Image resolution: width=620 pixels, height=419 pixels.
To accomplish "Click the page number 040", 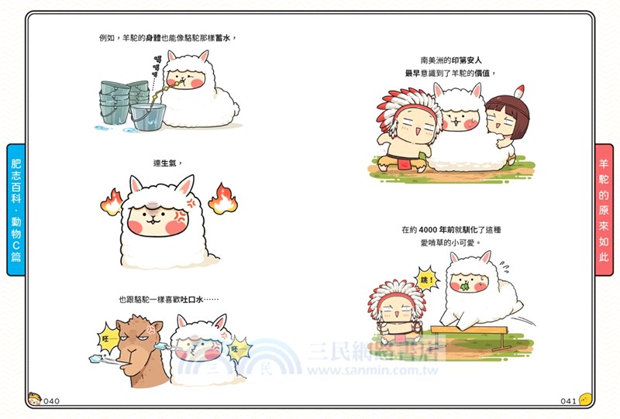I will click(52, 400).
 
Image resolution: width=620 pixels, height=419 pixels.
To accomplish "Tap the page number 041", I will click(567, 400).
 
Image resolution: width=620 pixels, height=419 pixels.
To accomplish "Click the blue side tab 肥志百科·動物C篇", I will click(16, 209).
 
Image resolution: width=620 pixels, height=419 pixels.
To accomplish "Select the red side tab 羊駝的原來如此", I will click(604, 209).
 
